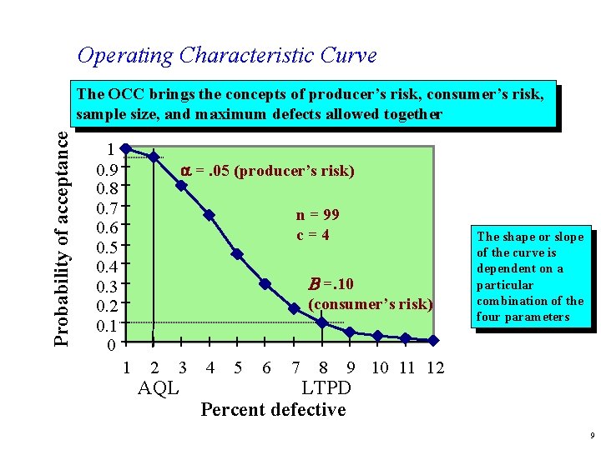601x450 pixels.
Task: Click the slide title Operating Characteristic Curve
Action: point(226,56)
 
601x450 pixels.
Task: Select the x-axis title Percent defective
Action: point(273,409)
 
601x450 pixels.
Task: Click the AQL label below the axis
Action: point(159,388)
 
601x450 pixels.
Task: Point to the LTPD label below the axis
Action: point(326,388)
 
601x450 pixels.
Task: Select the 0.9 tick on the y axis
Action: point(106,169)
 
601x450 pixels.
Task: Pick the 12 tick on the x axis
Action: point(435,367)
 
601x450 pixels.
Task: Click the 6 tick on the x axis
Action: point(265,367)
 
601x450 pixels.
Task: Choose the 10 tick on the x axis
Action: point(379,367)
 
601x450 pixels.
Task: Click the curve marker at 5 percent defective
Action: point(237,254)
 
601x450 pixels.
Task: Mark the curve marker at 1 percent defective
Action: point(125,148)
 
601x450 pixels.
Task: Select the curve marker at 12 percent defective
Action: point(433,340)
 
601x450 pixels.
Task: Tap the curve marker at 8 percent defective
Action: point(322,323)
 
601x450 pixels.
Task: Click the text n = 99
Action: point(317,215)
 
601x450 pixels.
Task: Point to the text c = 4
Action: point(313,235)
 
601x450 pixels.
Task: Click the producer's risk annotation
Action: point(267,171)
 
